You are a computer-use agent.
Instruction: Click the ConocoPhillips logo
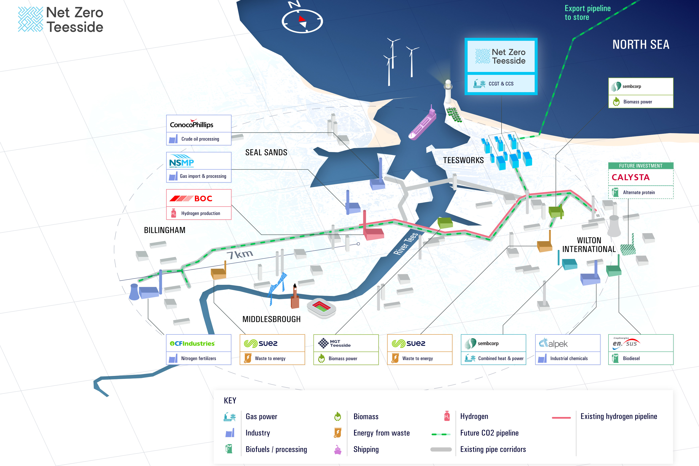pos(192,124)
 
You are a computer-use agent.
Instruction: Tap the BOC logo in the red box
pos(191,199)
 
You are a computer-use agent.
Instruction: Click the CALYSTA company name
pos(630,177)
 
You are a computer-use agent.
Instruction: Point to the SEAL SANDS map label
pos(266,152)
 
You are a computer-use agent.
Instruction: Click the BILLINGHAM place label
pos(165,230)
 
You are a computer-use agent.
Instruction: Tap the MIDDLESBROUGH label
pos(271,319)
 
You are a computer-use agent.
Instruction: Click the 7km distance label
pos(240,254)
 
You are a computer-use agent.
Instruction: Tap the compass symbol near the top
pos(302,21)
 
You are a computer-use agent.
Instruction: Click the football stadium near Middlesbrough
pos(321,308)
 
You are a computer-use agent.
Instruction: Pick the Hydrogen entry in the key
pos(474,416)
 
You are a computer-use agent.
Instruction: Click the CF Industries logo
pos(192,344)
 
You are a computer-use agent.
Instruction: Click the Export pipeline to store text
pos(587,13)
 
